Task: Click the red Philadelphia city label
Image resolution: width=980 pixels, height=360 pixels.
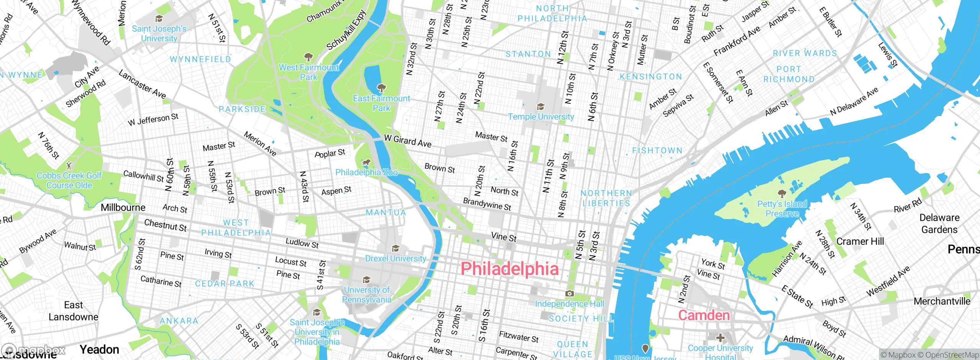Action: tap(510, 269)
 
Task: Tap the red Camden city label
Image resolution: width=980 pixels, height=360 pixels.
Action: tap(704, 315)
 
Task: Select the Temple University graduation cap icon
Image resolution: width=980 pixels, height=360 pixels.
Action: tap(540, 106)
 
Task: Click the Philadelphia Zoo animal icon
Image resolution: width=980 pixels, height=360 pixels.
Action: tap(366, 163)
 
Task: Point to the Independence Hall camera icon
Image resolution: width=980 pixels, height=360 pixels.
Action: tap(569, 293)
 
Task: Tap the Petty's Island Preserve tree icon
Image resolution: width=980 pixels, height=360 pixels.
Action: tap(782, 193)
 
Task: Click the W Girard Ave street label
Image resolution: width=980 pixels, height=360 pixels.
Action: tap(408, 141)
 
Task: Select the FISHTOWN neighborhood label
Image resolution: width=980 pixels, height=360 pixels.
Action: tap(657, 151)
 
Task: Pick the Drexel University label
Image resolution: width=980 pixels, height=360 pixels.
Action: tap(395, 259)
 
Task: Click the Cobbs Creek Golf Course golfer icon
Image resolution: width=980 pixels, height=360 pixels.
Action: tap(69, 165)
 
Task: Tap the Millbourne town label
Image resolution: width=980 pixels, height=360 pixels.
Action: tap(123, 208)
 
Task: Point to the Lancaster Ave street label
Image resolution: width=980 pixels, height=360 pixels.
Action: tap(142, 84)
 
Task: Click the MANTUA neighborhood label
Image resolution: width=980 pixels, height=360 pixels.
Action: tap(385, 213)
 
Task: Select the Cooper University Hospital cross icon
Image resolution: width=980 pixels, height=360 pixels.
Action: tap(720, 337)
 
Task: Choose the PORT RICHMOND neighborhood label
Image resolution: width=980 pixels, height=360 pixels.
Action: tap(789, 74)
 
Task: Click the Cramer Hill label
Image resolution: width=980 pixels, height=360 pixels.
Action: tap(860, 241)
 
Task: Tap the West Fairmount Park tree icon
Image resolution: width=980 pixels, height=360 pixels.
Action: tap(308, 57)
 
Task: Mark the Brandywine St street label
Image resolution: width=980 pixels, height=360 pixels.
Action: tap(487, 204)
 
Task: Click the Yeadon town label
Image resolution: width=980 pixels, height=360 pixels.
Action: tap(100, 349)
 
